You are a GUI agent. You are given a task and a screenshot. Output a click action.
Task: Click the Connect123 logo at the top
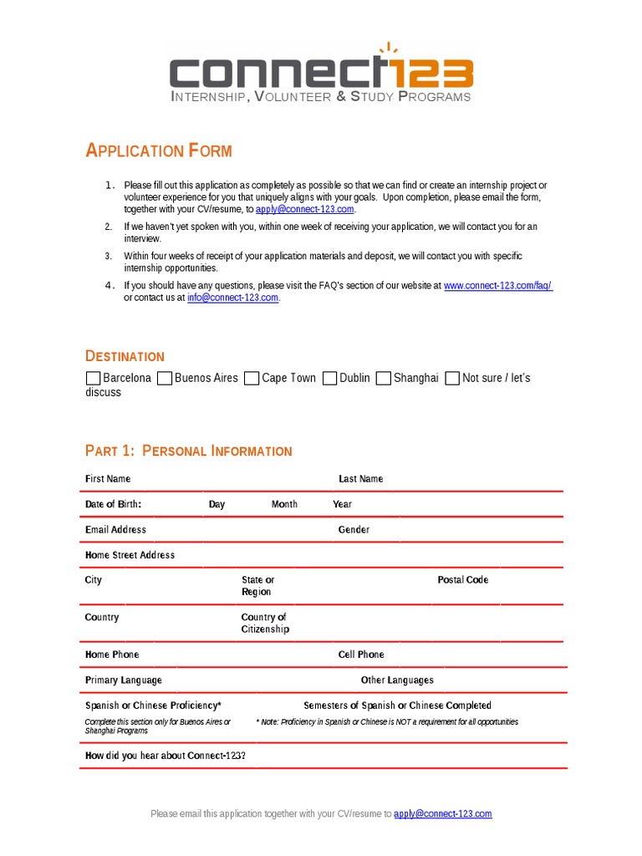coord(321,72)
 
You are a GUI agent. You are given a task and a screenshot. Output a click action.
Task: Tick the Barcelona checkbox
coord(93,379)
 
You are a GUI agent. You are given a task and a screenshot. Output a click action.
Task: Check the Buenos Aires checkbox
coord(165,379)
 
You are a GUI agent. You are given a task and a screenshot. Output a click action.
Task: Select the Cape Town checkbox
coord(252,379)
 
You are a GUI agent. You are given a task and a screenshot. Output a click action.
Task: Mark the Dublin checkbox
coord(330,379)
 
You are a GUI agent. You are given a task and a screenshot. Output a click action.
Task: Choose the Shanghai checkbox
coord(384,379)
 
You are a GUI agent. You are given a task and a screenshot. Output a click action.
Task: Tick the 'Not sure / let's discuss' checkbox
coord(452,379)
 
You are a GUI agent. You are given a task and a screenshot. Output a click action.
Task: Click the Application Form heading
coord(159,151)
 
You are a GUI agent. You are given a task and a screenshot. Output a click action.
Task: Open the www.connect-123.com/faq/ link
coord(497,286)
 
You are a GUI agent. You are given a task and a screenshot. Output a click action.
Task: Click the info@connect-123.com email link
coord(232,298)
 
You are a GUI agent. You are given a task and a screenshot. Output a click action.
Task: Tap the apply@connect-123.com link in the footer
coord(442,813)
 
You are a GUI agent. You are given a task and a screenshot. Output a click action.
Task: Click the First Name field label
coord(108,479)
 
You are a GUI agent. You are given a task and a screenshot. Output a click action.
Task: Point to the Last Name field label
coord(360,479)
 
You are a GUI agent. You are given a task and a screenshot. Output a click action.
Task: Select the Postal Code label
coord(462,580)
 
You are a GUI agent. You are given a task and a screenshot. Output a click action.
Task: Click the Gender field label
coord(354,530)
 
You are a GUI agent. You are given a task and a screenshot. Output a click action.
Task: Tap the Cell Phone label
coord(361,655)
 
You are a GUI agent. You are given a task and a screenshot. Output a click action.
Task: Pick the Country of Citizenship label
coord(265,624)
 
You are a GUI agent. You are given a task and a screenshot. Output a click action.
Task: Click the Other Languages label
coord(397,680)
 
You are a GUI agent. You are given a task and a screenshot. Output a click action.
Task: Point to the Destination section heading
coord(125,357)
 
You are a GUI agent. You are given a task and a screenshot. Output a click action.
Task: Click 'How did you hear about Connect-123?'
coord(166,756)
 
